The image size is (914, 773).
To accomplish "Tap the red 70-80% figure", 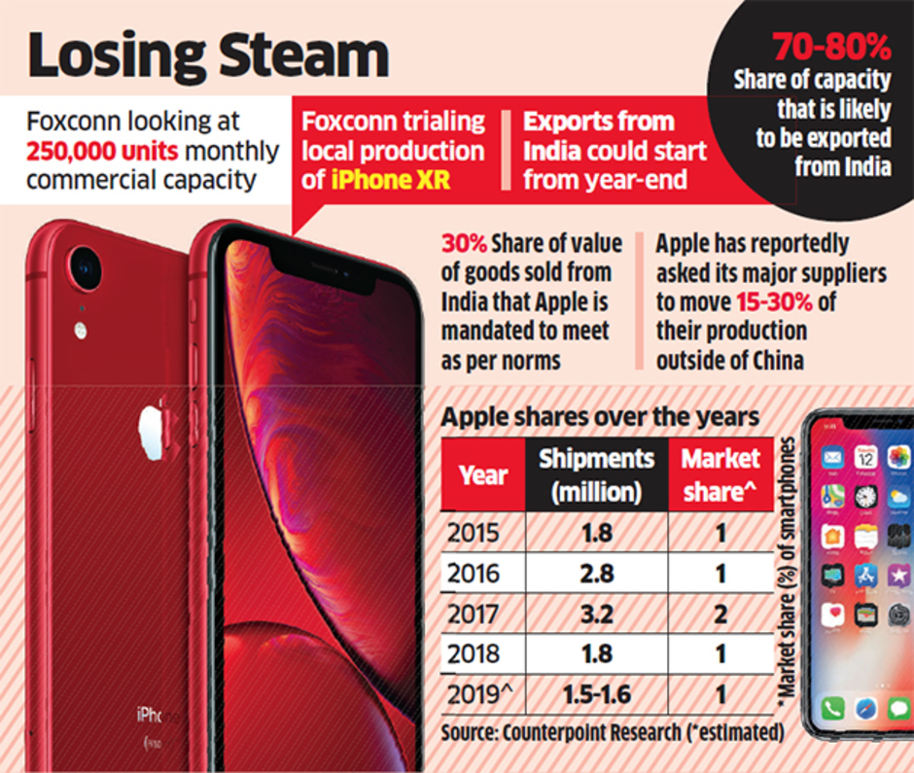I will [x=831, y=46].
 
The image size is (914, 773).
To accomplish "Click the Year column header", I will [x=483, y=474].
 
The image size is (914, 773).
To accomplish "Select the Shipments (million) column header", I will [x=597, y=474].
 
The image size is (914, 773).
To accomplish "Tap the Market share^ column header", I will [x=721, y=474].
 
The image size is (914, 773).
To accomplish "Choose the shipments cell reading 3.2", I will [x=597, y=613].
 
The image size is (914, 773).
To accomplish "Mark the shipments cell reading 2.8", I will [x=597, y=572].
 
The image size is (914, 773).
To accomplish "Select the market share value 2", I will [x=721, y=613].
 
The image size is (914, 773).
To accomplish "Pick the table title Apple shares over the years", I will [x=600, y=417].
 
